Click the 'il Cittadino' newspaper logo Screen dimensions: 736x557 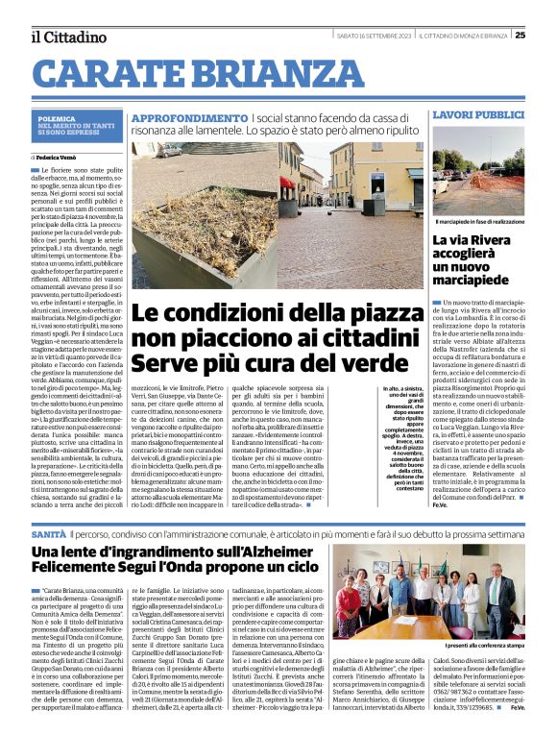68,37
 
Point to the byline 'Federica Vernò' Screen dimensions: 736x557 60,156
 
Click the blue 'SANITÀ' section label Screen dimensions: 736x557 47,532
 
